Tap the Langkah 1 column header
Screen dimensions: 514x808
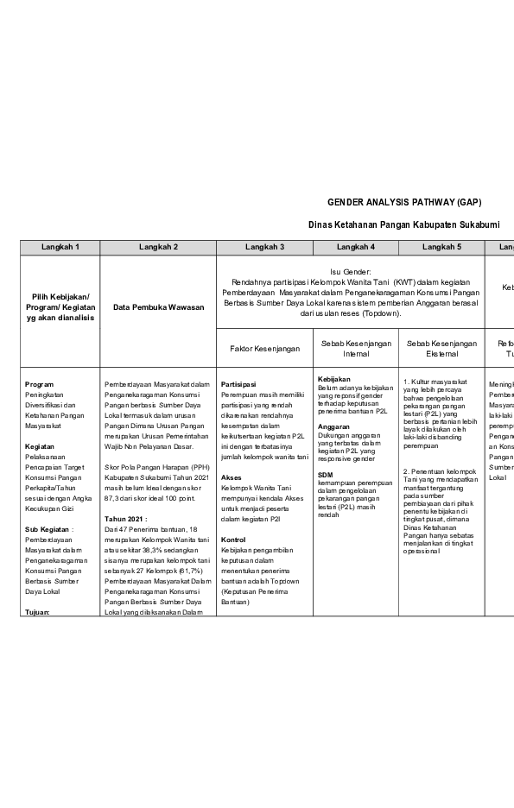click(x=60, y=247)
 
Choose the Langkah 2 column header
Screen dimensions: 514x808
click(x=158, y=247)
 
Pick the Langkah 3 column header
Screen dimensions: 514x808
click(x=264, y=247)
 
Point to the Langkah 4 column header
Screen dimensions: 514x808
click(x=355, y=247)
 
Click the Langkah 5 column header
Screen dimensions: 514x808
click(x=441, y=247)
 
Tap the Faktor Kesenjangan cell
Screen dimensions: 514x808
click(x=264, y=349)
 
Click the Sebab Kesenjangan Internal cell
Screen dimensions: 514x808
click(x=355, y=349)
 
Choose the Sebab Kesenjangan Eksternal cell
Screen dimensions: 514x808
click(x=441, y=349)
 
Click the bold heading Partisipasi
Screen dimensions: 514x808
click(x=238, y=384)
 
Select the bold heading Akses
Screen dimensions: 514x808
click(x=232, y=477)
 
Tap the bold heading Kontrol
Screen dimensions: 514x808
click(x=234, y=540)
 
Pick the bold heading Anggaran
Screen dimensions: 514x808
click(x=333, y=426)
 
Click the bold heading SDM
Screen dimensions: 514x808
click(x=325, y=474)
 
